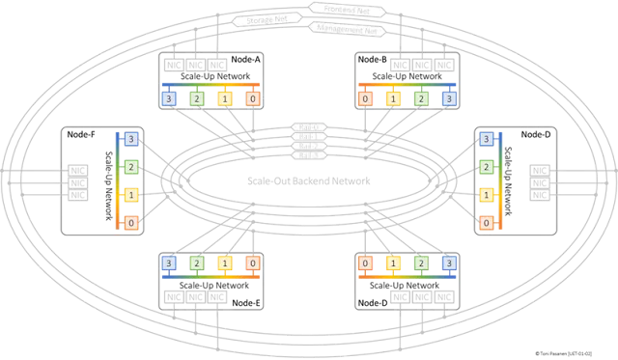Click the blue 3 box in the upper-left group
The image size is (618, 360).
(x=169, y=98)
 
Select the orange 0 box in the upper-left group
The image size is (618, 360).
(x=252, y=98)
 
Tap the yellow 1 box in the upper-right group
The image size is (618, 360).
(x=393, y=98)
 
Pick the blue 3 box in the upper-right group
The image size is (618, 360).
(x=447, y=98)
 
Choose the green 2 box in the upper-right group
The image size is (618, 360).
(x=420, y=98)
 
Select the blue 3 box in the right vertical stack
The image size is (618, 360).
(x=486, y=139)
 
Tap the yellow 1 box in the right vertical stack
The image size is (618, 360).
(x=486, y=195)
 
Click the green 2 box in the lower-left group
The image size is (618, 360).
(x=196, y=263)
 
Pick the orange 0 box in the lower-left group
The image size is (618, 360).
(x=252, y=263)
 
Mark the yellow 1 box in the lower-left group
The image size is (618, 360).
(x=224, y=263)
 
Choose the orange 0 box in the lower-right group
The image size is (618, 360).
(x=365, y=263)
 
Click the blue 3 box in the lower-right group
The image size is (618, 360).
(x=447, y=263)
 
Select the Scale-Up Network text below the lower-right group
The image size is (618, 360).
(x=407, y=287)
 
